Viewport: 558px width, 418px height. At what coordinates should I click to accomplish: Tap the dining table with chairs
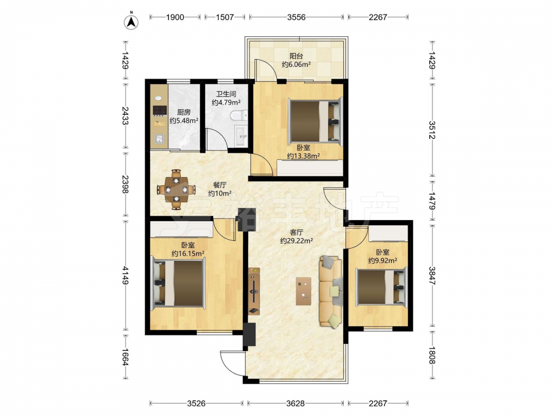tap(176, 189)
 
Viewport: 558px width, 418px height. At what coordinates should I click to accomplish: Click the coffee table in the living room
tap(304, 291)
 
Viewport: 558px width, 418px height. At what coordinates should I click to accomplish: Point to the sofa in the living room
tap(331, 291)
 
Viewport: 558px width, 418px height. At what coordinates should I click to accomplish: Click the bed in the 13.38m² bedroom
tap(315, 121)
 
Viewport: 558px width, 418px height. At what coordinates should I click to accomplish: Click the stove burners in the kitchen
tap(160, 110)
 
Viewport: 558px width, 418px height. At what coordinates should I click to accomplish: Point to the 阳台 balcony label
tap(296, 56)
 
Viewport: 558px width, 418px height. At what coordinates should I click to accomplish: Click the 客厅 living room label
tap(296, 232)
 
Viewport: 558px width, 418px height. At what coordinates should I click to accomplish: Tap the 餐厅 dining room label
tap(219, 185)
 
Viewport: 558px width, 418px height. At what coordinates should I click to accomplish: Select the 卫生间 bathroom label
tap(227, 94)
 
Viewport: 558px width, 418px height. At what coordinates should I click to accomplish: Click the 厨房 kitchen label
tap(184, 113)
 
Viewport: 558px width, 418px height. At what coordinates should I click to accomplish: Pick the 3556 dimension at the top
tap(296, 17)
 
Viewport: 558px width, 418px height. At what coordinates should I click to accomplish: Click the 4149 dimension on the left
tap(125, 275)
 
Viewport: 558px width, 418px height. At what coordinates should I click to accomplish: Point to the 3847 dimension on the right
tap(432, 275)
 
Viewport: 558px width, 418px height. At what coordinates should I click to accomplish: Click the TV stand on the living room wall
tap(254, 291)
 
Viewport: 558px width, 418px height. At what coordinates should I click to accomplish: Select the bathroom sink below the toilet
tap(242, 135)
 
